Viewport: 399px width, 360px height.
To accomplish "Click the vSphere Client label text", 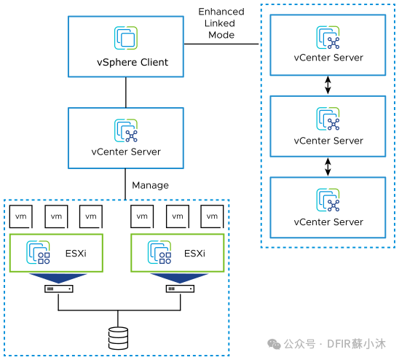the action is click(133, 63).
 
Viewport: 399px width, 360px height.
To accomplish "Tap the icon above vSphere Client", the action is click(126, 38).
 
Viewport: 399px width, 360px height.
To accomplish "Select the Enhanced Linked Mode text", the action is click(221, 23).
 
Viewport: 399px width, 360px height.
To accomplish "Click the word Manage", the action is click(150, 185).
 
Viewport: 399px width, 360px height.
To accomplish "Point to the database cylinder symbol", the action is click(118, 338).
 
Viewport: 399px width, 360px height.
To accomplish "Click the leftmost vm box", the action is click(21, 216).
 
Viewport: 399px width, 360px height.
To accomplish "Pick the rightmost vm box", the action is click(212, 216).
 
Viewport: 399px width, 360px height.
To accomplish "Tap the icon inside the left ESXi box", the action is click(38, 252).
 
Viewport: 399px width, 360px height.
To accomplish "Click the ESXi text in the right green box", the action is click(194, 254).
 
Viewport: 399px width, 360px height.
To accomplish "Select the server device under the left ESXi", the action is click(59, 289).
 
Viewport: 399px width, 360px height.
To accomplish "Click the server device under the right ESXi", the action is click(180, 289).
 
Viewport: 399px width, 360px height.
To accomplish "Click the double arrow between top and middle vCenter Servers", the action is click(328, 85).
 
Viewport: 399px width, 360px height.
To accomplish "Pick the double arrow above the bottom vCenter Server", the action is click(328, 167).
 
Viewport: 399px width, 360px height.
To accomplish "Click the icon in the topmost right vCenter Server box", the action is click(328, 37).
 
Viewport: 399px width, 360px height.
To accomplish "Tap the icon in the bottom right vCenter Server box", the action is click(328, 200).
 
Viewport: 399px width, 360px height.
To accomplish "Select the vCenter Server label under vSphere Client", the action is click(126, 152).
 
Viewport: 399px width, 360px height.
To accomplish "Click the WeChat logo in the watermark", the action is click(274, 344).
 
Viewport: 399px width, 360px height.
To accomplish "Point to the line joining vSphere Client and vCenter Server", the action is click(126, 93).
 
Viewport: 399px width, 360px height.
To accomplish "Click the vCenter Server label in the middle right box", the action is click(328, 141).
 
